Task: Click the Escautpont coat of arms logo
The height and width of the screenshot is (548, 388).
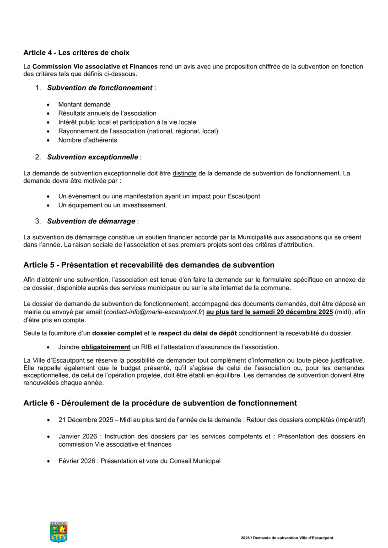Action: click(x=59, y=532)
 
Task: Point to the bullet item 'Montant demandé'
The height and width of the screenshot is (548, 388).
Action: click(x=84, y=105)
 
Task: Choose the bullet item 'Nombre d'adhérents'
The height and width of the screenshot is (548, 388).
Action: click(x=87, y=140)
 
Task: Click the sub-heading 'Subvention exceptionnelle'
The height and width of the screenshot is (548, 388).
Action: click(x=92, y=157)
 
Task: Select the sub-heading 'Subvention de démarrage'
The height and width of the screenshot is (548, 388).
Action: click(x=91, y=221)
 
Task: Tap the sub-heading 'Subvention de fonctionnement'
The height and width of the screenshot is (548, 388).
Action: click(x=99, y=88)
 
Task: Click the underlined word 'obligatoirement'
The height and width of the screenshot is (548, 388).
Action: click(x=106, y=347)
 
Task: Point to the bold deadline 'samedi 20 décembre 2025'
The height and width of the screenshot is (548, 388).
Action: click(x=293, y=312)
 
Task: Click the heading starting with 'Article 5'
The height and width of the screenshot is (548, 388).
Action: click(x=149, y=265)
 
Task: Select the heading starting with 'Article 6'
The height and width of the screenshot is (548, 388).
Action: click(x=160, y=403)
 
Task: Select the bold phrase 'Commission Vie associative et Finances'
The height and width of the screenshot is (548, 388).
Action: click(x=95, y=67)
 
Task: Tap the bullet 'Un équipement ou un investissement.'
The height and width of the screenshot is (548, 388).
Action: click(x=113, y=205)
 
